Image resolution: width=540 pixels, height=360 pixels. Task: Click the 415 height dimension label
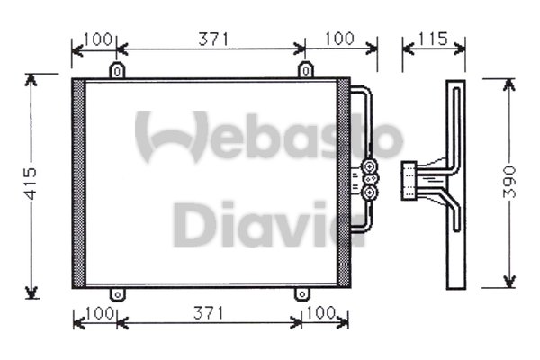[31, 184]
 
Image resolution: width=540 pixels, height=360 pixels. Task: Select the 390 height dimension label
[509, 182]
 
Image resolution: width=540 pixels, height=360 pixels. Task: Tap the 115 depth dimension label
[433, 39]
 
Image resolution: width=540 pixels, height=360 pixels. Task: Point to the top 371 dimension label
[213, 40]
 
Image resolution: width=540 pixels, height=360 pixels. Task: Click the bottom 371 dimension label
[209, 313]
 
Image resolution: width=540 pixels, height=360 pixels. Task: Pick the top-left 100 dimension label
[98, 40]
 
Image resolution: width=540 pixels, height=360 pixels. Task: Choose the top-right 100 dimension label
[339, 39]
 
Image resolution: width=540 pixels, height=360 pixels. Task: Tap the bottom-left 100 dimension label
[100, 313]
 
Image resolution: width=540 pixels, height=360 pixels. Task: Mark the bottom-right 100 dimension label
[320, 313]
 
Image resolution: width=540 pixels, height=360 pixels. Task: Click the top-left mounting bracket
[117, 70]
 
